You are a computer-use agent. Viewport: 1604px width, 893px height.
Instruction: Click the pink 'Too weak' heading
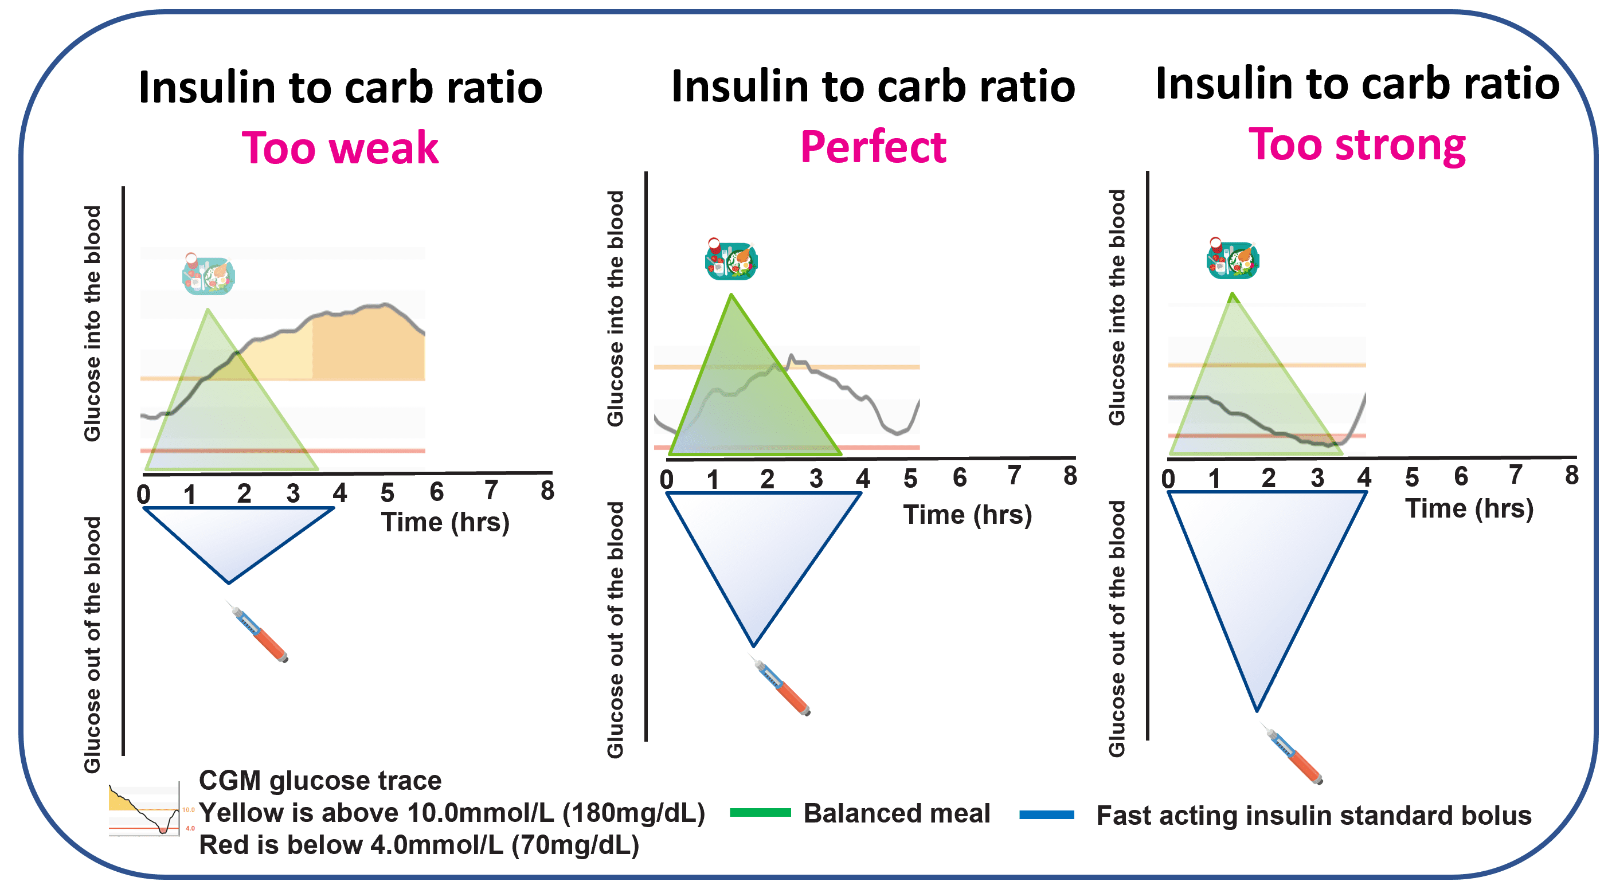(x=340, y=148)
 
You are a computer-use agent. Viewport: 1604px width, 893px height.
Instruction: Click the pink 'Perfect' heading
(x=873, y=147)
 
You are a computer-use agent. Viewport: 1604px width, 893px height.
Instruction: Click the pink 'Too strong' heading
(x=1357, y=144)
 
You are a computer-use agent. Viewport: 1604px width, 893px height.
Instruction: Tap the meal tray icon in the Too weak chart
(x=208, y=274)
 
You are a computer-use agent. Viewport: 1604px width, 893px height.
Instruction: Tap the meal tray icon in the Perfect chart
(x=731, y=259)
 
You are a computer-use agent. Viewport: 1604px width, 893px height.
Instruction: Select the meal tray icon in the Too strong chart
(x=1233, y=258)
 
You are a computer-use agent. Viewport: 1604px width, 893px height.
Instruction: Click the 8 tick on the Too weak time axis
(x=547, y=491)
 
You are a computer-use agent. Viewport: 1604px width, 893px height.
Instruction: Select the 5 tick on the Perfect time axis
(x=910, y=478)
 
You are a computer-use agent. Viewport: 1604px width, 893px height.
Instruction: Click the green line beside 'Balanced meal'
(x=760, y=812)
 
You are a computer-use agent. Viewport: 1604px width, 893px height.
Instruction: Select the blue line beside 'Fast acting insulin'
(x=1046, y=814)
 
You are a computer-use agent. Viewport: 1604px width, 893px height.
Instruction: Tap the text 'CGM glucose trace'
(x=320, y=780)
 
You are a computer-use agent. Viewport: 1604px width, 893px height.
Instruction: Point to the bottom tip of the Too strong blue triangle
(x=1257, y=710)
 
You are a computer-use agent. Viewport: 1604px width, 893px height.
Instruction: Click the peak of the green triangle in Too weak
(x=208, y=310)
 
